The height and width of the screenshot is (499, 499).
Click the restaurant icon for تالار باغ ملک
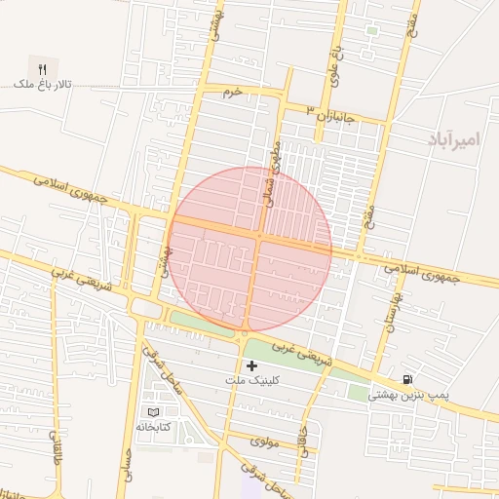42,68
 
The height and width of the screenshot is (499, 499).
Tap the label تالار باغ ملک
42,87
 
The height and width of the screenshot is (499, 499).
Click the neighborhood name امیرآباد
455,139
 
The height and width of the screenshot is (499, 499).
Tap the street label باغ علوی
333,60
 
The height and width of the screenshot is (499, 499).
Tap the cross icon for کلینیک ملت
251,365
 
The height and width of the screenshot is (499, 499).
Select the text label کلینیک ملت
251,381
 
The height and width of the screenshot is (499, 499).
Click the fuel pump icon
405,378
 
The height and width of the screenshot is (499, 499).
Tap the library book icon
151,412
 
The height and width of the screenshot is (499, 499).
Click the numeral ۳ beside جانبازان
310,108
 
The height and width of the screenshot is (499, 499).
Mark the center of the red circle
249,249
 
